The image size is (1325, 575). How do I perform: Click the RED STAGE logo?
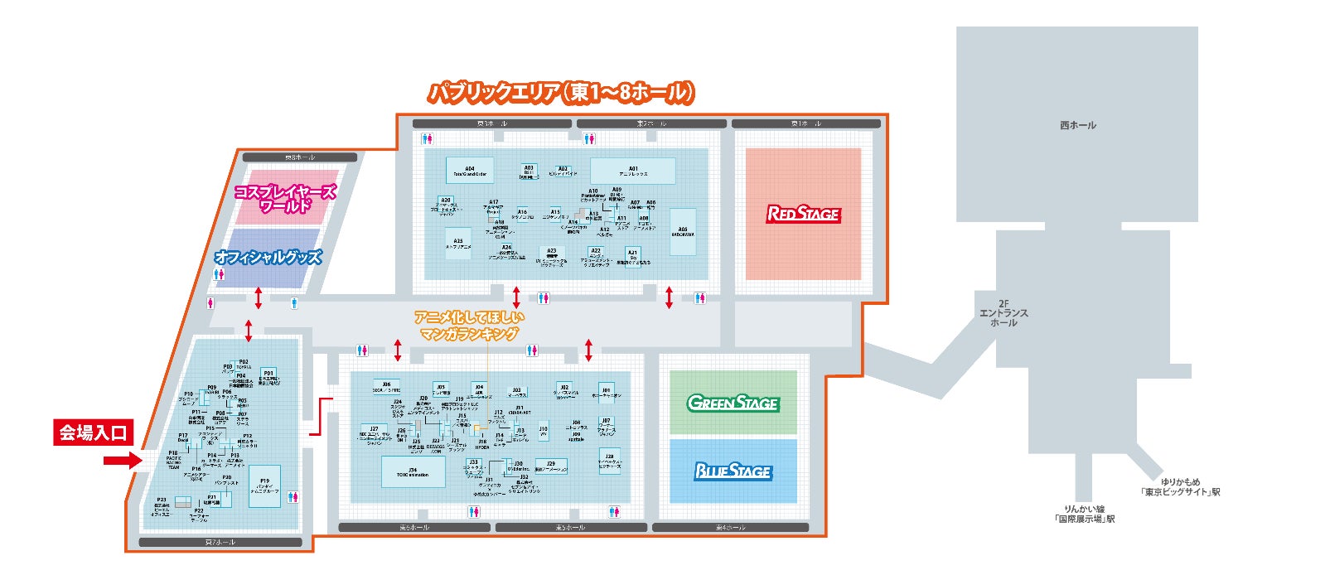803,214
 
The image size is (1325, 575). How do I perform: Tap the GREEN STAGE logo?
733,403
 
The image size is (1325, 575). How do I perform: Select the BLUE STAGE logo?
733,471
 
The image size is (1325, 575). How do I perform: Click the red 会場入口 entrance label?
93,432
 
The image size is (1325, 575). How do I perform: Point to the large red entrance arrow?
123,461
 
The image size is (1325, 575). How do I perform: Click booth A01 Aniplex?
632,172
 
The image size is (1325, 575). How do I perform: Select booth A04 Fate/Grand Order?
470,172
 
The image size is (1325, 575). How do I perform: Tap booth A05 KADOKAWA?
683,231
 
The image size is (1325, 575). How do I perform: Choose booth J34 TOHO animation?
413,472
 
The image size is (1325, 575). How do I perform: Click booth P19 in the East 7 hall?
264,486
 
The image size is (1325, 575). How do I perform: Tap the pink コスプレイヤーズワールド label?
285,198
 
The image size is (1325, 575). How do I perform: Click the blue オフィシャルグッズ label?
267,258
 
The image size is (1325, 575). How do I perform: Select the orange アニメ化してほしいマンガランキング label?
469,325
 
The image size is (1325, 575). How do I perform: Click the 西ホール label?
1077,125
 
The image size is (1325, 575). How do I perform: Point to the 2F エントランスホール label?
1003,312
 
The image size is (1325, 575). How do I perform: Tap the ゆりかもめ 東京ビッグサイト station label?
1180,487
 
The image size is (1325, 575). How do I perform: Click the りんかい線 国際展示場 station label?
1084,515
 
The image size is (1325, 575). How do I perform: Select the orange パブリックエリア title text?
560,93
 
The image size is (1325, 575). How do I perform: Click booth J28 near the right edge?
609,461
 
